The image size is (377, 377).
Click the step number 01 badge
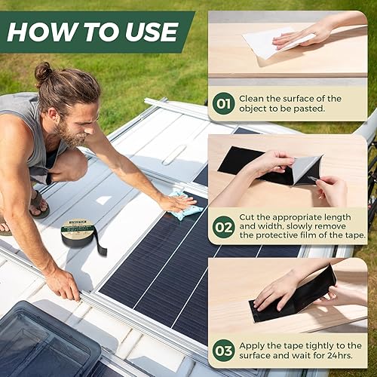click(x=223, y=103)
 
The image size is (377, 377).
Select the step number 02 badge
click(x=223, y=226)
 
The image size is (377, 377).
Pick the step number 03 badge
click(x=223, y=350)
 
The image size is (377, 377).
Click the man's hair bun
click(x=44, y=72)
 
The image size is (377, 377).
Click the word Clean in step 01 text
click(x=253, y=98)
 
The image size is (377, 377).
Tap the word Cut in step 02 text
click(x=247, y=217)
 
